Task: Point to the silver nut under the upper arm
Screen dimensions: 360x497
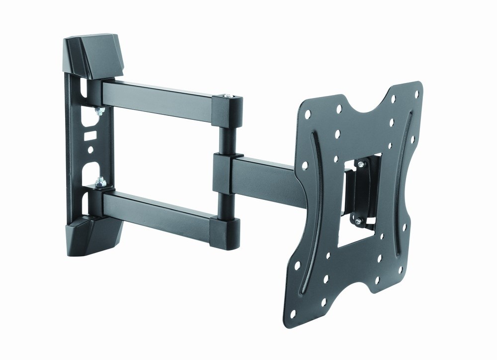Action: (x=99, y=111)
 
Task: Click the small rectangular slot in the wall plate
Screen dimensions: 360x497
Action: (x=90, y=134)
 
